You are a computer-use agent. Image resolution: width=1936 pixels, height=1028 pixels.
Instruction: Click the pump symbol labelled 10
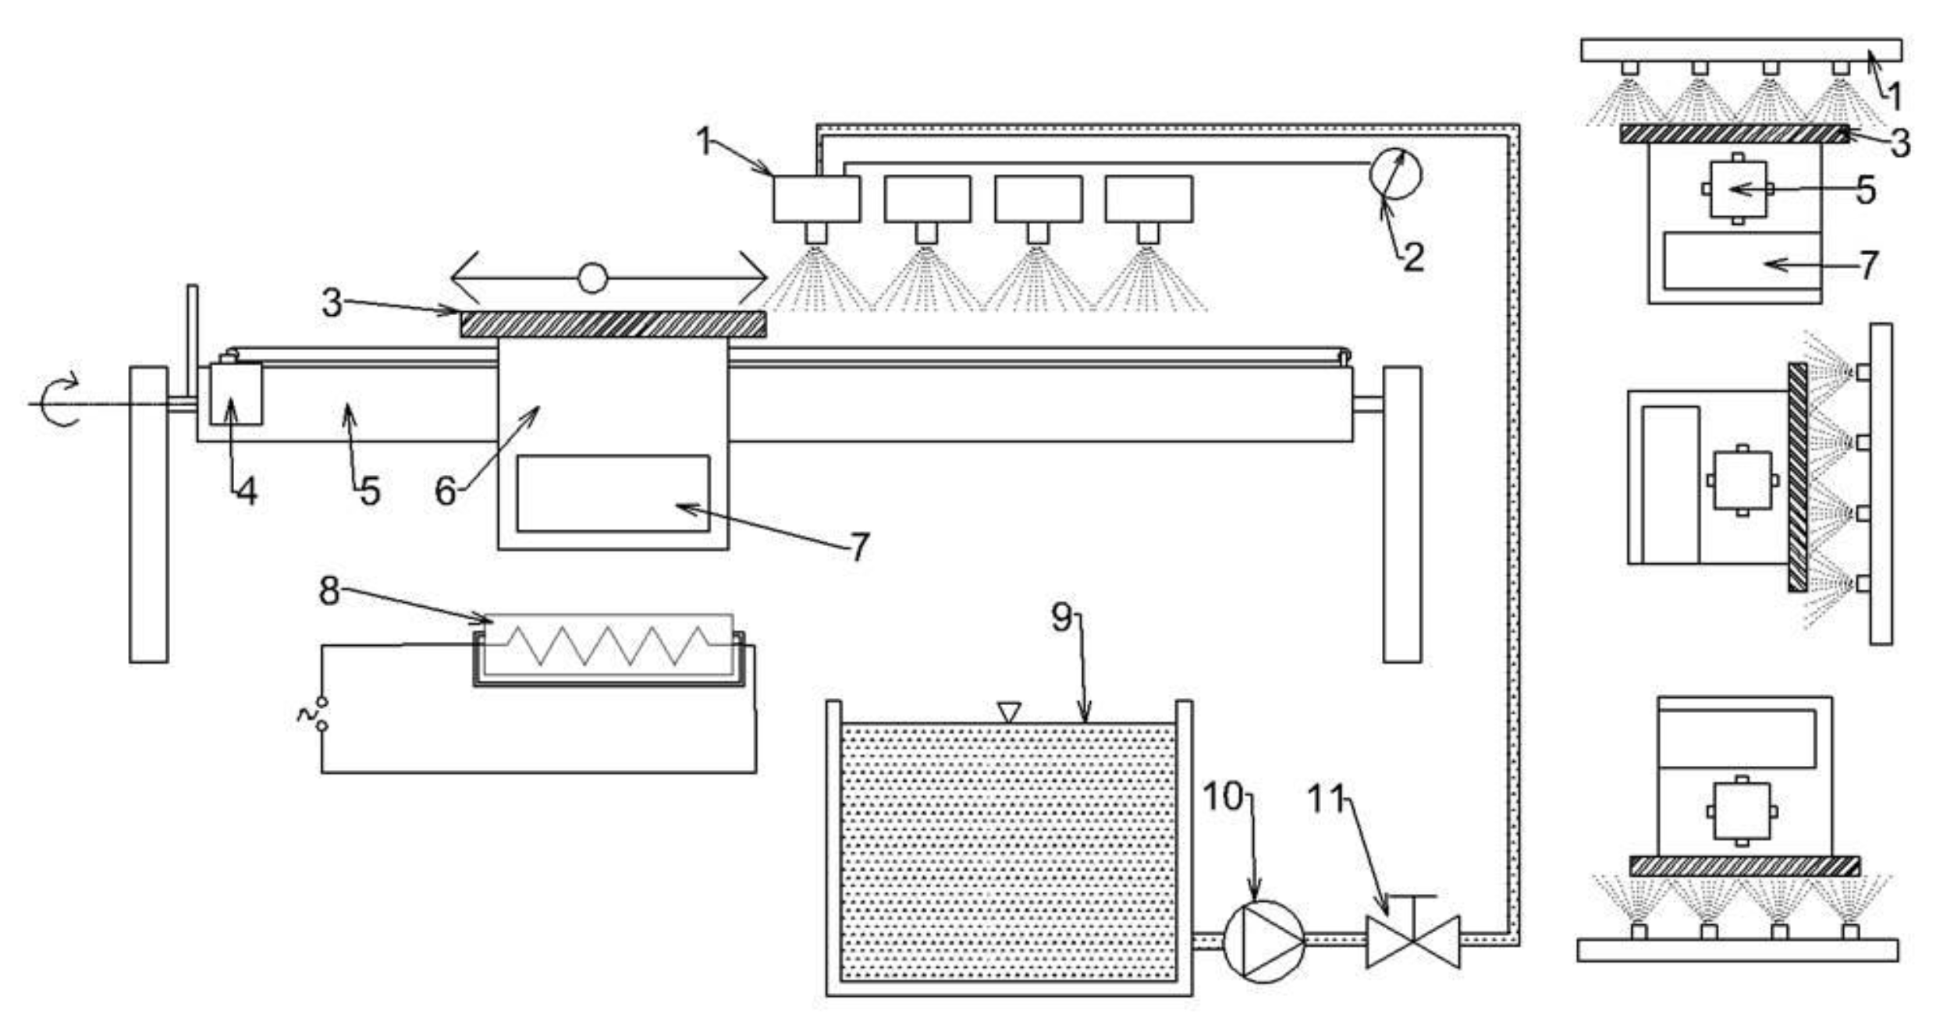[x=1263, y=941]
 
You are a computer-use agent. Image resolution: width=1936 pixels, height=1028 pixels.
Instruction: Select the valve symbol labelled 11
[x=1412, y=941]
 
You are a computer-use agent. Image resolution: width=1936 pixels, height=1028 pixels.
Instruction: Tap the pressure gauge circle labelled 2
[x=1395, y=174]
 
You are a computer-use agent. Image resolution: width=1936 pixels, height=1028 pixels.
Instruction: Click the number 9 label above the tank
[x=1061, y=618]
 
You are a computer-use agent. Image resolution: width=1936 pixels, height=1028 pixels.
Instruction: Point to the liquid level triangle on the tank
[x=1009, y=711]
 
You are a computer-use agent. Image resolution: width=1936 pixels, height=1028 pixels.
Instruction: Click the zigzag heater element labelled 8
[x=608, y=645]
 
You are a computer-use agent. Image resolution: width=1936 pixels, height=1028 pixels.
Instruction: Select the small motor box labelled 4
[x=236, y=394]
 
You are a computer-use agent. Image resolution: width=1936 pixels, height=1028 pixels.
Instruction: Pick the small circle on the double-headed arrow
[x=592, y=278]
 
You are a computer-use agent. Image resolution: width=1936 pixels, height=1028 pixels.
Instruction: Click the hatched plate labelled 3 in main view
[x=613, y=324]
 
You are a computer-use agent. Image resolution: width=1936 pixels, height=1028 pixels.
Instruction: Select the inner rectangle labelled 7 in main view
[x=613, y=494]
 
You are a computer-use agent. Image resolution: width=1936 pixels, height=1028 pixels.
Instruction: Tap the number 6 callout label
[x=445, y=491]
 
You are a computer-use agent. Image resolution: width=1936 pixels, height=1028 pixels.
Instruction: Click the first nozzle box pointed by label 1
[x=816, y=199]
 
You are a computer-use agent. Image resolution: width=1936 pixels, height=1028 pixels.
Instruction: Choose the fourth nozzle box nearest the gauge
[x=1149, y=199]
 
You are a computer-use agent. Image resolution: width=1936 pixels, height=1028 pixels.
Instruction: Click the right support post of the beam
[x=1401, y=515]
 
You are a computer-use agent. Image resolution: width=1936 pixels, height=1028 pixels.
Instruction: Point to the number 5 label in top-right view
[x=1865, y=190]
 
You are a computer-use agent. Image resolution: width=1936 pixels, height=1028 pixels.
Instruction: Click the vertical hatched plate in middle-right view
[x=1797, y=477]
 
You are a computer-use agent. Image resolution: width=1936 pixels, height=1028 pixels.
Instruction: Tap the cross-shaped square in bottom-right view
[x=1742, y=811]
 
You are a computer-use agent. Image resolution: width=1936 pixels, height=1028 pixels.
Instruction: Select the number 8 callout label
[x=329, y=591]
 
